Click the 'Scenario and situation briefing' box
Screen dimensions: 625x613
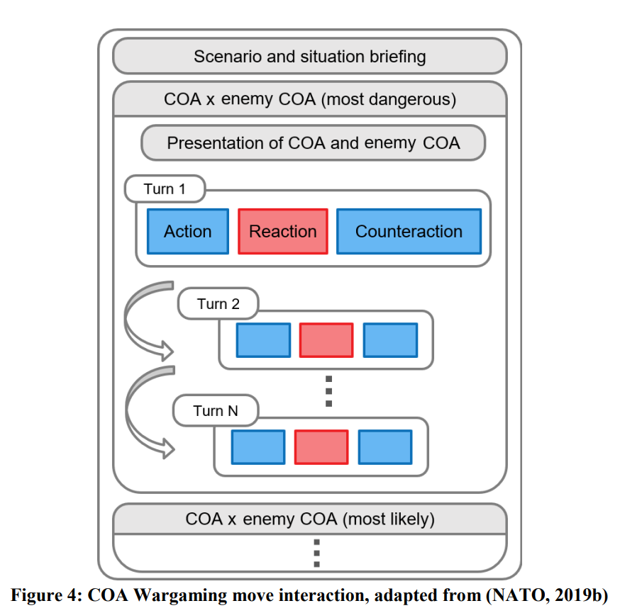310,56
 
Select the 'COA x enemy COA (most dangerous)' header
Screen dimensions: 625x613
310,99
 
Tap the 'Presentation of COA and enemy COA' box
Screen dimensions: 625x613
314,143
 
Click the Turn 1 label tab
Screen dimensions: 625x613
165,189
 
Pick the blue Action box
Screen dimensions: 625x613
188,231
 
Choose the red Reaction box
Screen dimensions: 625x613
283,231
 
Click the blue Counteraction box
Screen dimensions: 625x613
409,231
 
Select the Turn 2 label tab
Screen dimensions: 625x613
218,304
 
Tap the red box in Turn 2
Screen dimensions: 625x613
326,340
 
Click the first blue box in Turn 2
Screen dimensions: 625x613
263,340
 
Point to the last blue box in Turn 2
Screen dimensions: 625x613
391,340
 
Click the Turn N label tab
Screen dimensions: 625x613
216,410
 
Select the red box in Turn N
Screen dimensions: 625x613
321,447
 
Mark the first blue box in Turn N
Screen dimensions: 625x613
258,447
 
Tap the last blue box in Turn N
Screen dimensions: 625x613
385,447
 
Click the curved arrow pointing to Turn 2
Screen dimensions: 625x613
128,318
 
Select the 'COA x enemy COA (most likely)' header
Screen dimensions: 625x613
310,519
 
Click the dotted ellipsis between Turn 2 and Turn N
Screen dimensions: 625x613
329,391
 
